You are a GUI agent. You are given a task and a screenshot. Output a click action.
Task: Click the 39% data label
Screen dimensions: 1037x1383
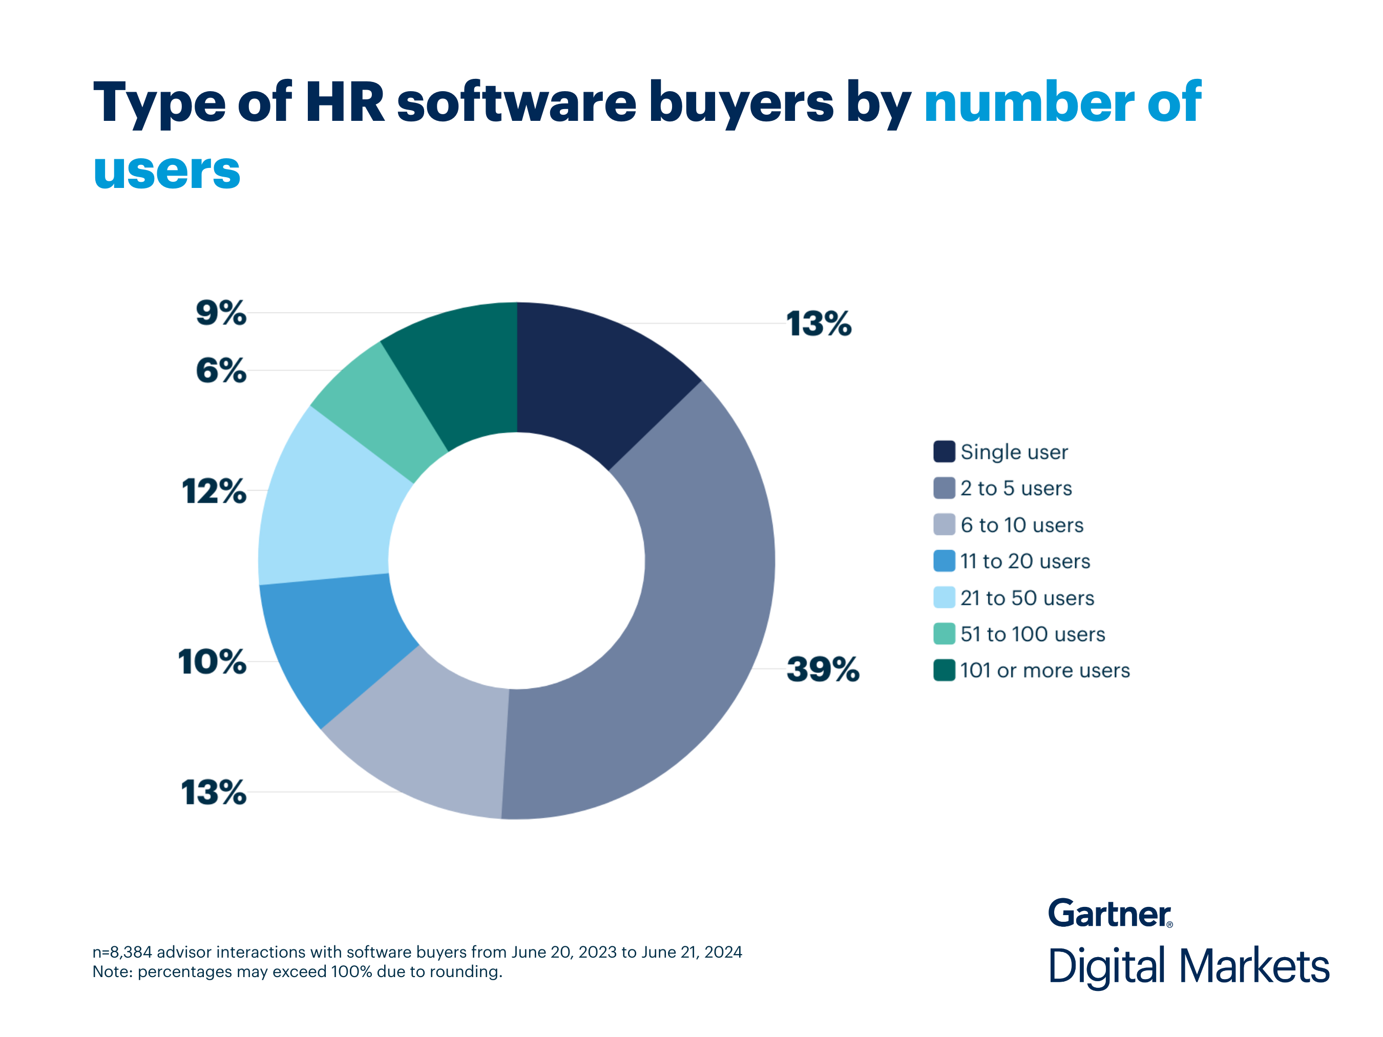822,669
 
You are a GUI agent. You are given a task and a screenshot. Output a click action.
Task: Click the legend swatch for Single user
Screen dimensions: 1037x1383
944,451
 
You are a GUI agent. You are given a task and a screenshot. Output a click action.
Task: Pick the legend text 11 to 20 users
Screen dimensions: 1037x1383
1025,561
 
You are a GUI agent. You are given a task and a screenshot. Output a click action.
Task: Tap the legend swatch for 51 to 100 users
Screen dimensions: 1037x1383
944,634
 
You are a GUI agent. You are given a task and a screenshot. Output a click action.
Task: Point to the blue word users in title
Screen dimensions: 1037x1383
166,170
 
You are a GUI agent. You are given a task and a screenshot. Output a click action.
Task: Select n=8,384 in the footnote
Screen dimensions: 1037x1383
122,952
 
